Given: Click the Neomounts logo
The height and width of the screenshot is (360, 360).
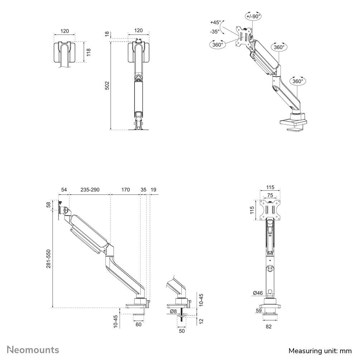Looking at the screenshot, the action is click(33, 350).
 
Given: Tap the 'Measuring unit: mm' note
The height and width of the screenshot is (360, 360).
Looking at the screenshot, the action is click(320, 351).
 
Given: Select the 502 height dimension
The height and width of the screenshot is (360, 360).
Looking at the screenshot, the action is click(107, 85).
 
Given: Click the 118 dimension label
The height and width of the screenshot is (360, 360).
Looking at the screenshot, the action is click(89, 52).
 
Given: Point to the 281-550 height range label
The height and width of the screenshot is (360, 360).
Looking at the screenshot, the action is click(48, 259).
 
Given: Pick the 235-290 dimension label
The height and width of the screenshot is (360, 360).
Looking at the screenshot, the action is click(90, 190).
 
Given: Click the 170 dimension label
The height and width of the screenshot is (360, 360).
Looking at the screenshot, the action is click(125, 190).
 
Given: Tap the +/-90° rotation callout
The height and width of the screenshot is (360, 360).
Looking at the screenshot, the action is click(254, 16).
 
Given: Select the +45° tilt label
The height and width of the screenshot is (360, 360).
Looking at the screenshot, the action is click(215, 23).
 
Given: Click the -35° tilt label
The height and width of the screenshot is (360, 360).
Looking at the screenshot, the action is click(215, 32).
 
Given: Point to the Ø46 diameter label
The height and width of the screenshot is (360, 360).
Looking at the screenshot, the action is click(258, 293).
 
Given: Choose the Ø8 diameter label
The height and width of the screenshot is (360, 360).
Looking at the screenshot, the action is click(173, 311).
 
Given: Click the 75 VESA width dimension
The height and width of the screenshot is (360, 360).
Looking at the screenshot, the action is click(270, 195).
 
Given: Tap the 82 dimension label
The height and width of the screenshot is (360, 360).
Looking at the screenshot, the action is click(269, 327).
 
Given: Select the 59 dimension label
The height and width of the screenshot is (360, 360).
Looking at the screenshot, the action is click(259, 311).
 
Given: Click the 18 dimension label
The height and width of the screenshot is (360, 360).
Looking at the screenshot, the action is click(107, 34).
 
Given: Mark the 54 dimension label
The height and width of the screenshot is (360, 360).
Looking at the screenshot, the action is click(64, 190).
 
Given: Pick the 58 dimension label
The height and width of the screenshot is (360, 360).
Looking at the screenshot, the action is click(48, 205).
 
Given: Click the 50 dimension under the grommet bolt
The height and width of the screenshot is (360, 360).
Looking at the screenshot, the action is click(181, 331).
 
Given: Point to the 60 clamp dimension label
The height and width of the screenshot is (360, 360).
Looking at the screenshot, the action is click(138, 325).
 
